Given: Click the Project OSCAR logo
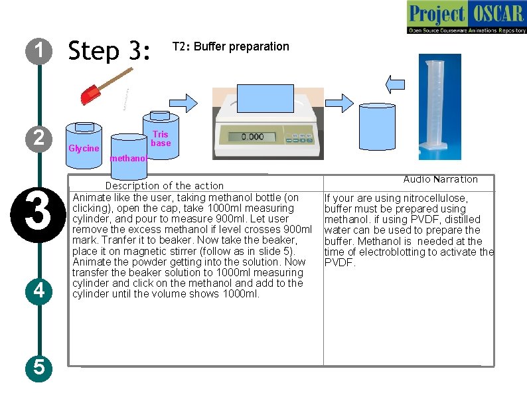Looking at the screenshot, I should (x=466, y=18).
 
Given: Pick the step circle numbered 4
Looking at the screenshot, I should (x=39, y=290).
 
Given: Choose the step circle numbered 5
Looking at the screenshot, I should (x=39, y=366).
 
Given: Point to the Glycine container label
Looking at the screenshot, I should (x=84, y=148).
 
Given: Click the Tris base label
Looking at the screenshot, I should (x=161, y=139).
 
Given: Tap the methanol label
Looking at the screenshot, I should (x=128, y=159).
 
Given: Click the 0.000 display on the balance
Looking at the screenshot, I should (x=252, y=137).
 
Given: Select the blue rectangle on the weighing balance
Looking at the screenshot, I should (x=265, y=99).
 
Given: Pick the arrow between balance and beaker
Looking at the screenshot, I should (x=340, y=102).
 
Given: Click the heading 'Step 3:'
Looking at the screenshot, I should (x=110, y=50).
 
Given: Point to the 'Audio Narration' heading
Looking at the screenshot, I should (x=440, y=179).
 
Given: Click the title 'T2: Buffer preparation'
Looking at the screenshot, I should (x=230, y=46).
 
